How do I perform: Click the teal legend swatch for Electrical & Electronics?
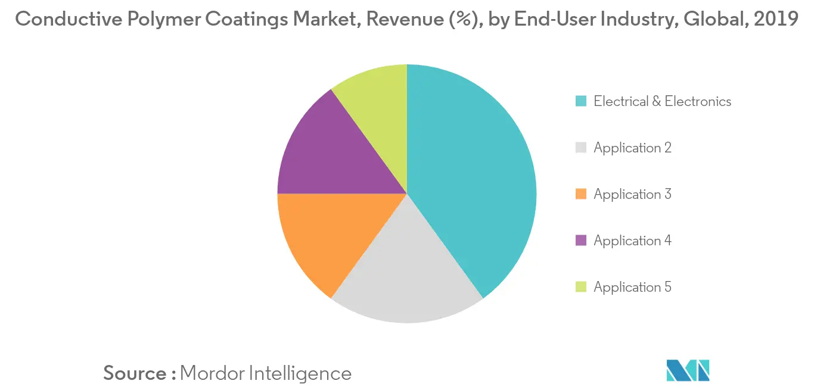click(x=581, y=102)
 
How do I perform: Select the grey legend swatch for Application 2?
click(x=581, y=148)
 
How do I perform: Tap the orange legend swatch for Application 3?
click(x=581, y=195)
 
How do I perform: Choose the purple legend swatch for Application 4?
click(x=581, y=241)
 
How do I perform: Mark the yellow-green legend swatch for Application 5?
click(x=581, y=288)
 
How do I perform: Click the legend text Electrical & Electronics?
click(x=662, y=102)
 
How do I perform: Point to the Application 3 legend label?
click(x=632, y=195)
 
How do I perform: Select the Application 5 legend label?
click(x=632, y=288)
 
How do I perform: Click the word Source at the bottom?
click(x=135, y=373)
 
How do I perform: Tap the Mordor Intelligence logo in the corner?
click(x=688, y=370)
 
